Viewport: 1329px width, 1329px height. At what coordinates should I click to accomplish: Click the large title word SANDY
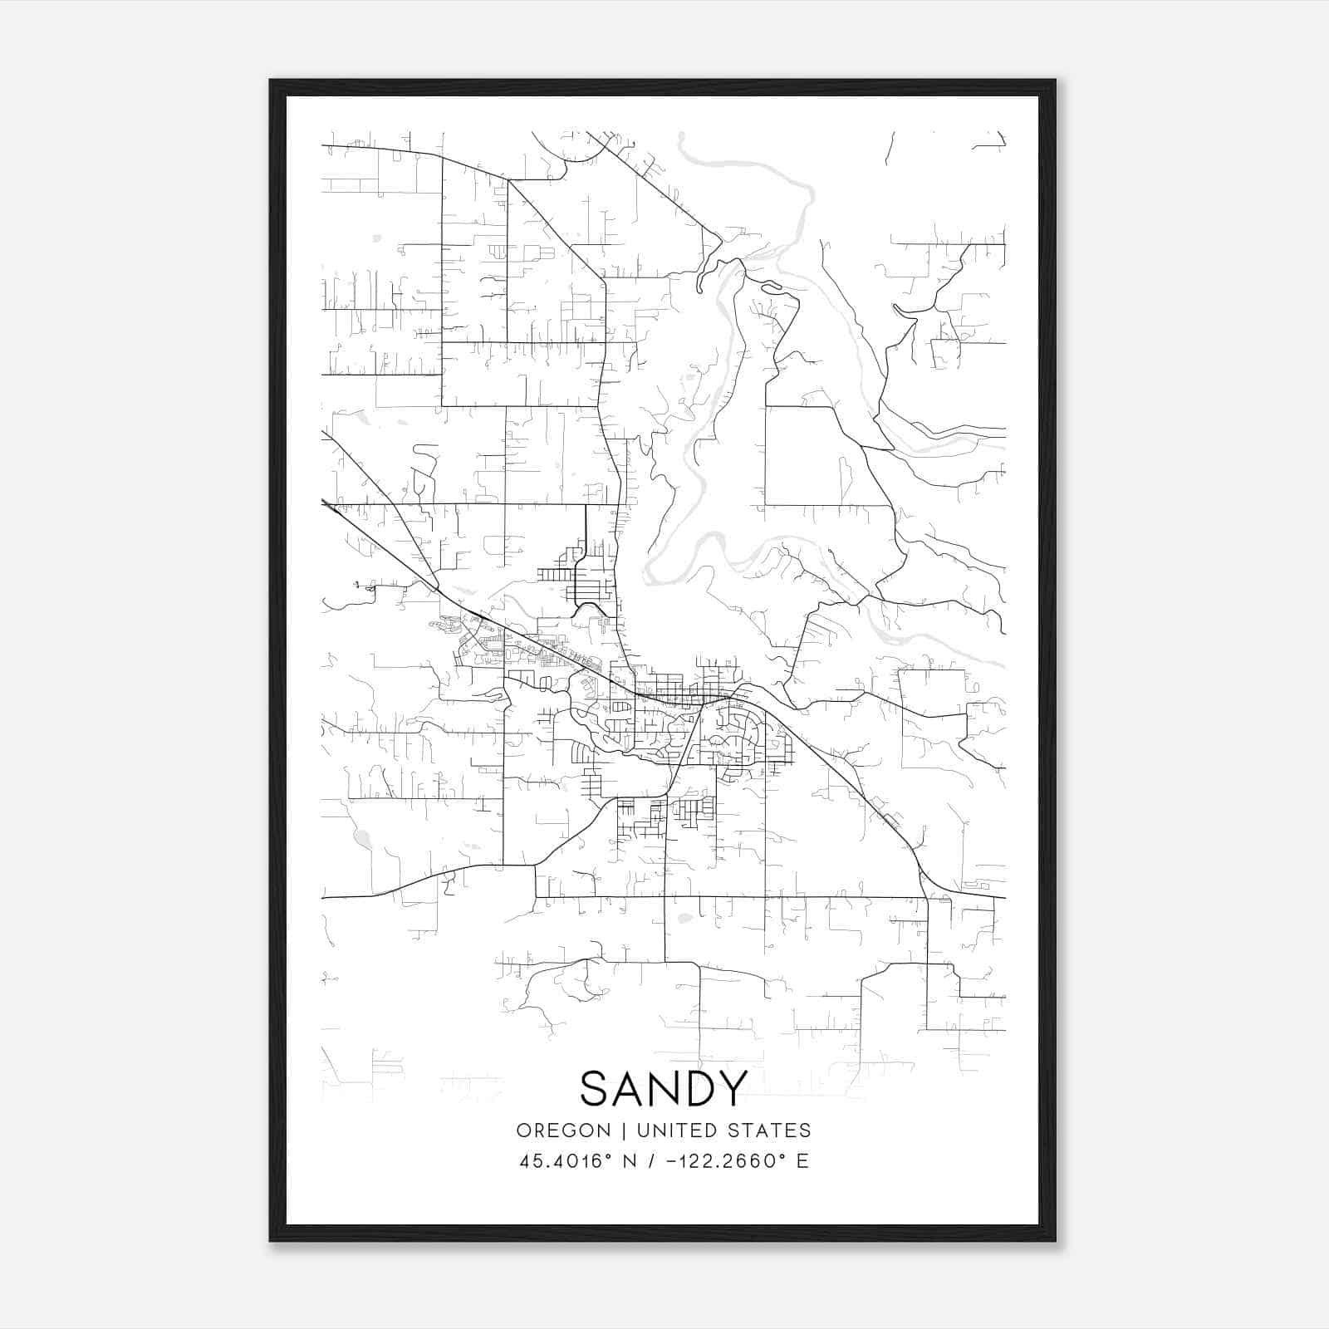[664, 1088]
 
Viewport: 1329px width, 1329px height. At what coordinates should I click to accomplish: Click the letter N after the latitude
[630, 1161]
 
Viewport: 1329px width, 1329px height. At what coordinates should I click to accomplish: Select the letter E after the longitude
[802, 1161]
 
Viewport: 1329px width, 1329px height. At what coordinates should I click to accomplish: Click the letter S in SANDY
[596, 1088]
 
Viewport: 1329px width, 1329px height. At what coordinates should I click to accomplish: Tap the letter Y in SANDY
[733, 1088]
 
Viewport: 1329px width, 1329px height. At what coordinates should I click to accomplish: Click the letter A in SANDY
[629, 1088]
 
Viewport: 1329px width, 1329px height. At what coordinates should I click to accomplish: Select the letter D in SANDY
[699, 1088]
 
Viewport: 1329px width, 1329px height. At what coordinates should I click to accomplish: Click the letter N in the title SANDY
[664, 1088]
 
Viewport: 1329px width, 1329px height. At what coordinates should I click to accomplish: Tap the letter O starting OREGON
[523, 1130]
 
